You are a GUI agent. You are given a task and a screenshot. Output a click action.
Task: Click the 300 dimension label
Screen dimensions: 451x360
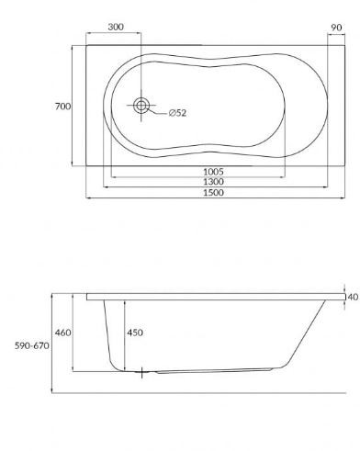pyautogui.click(x=116, y=27)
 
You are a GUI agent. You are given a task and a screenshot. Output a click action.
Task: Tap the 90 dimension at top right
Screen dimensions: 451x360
pyautogui.click(x=336, y=27)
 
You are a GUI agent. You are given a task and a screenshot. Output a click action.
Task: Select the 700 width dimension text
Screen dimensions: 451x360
pyautogui.click(x=62, y=107)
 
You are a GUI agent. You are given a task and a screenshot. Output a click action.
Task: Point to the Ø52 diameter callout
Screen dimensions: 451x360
pyautogui.click(x=177, y=113)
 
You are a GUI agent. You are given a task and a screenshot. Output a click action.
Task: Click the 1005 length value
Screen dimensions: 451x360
pyautogui.click(x=214, y=172)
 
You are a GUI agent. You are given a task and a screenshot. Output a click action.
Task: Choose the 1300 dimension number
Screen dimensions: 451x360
pyautogui.click(x=214, y=183)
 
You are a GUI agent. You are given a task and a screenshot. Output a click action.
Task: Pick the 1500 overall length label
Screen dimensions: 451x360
pyautogui.click(x=214, y=194)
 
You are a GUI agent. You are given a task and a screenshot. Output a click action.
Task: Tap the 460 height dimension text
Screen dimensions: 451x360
pyautogui.click(x=62, y=332)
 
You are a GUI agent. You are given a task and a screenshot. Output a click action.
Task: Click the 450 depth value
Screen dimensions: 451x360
pyautogui.click(x=134, y=332)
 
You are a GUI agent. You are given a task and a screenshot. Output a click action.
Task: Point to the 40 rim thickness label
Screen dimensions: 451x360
pyautogui.click(x=353, y=297)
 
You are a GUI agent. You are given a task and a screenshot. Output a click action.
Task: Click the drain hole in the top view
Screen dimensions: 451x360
pyautogui.click(x=141, y=106)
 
